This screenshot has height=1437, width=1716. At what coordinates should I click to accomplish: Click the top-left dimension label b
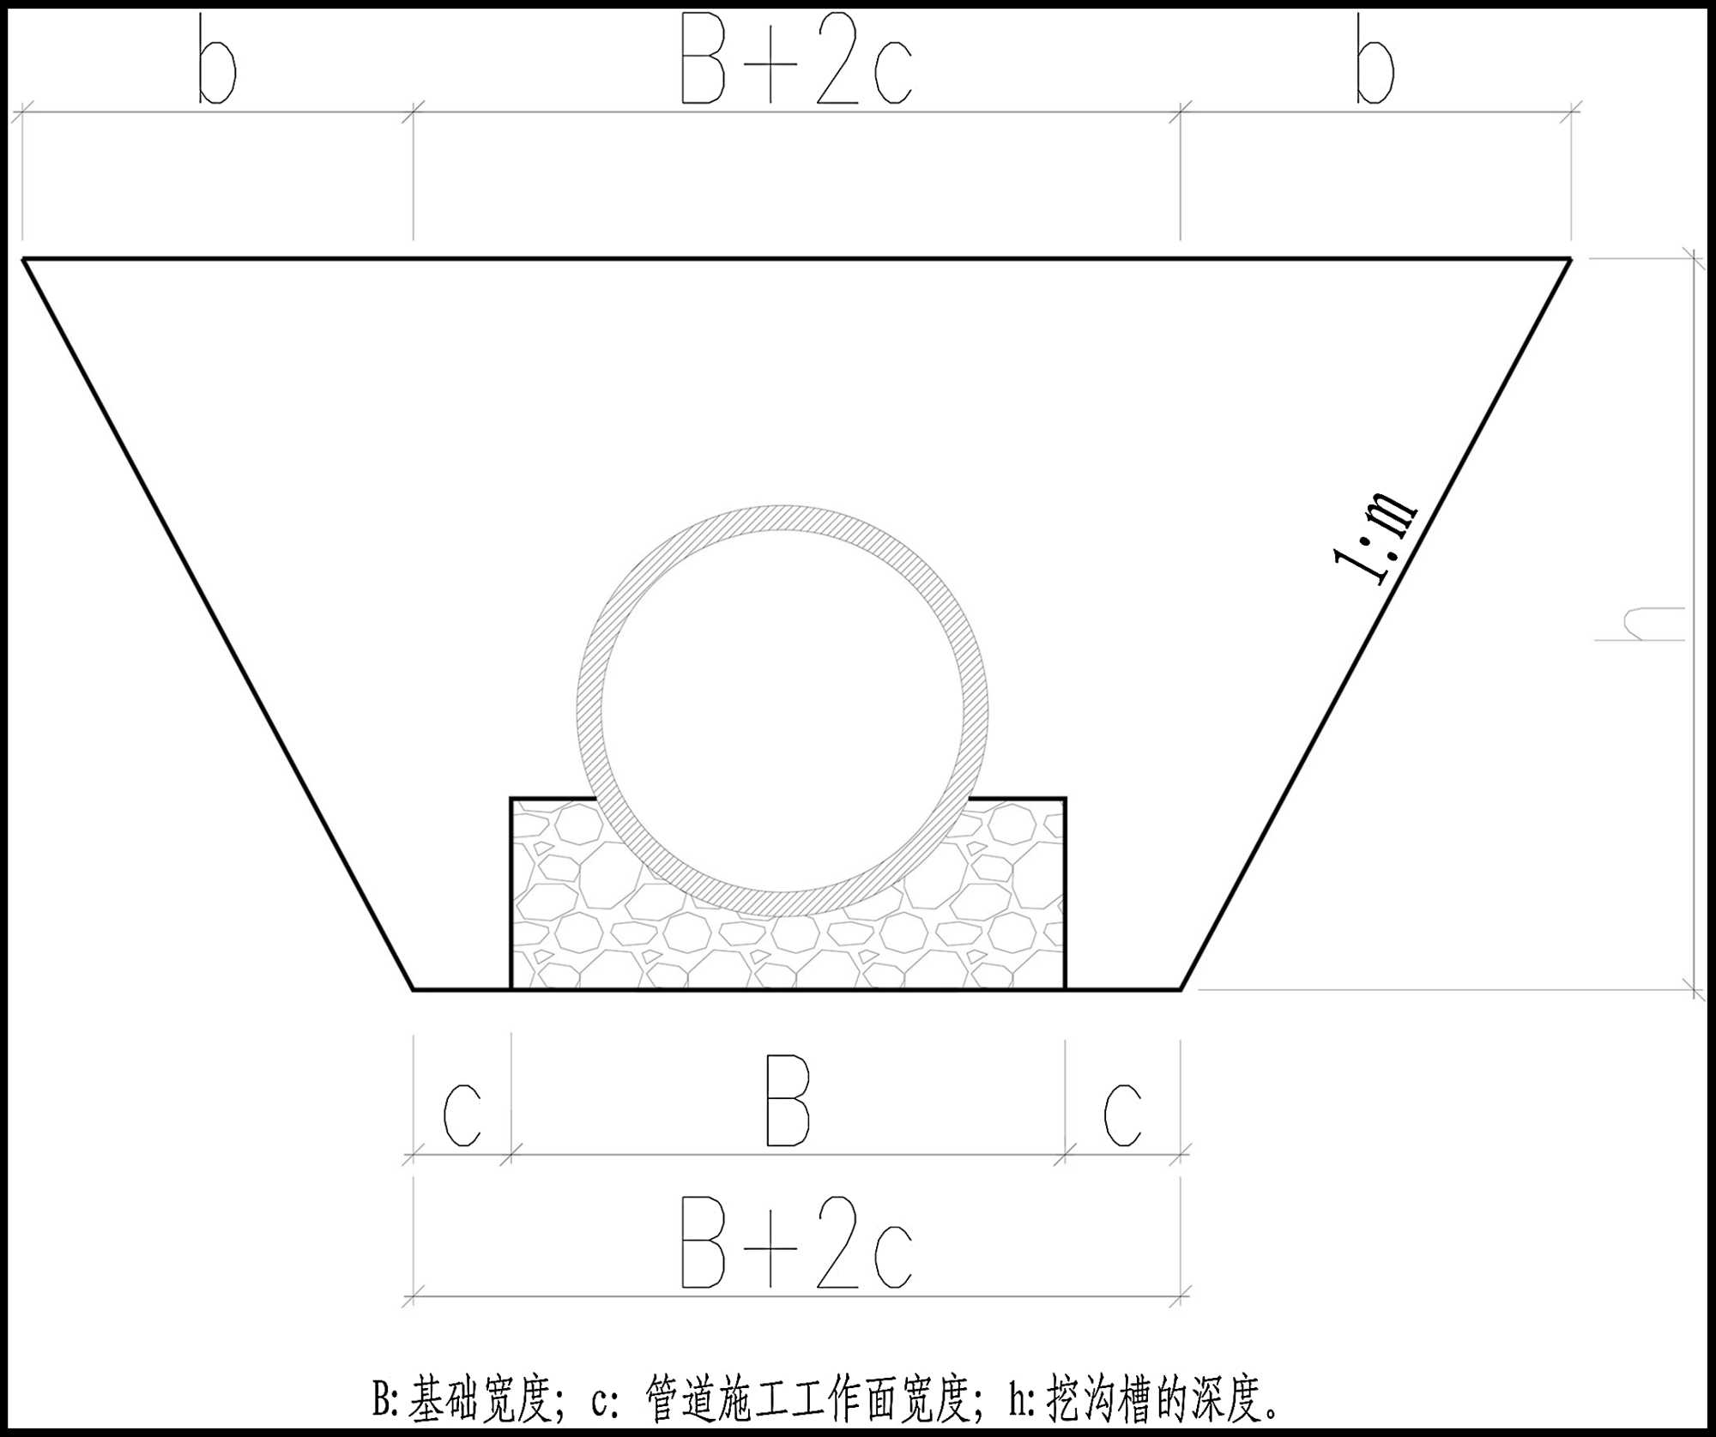(217, 59)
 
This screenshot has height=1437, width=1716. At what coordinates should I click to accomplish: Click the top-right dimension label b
(1375, 59)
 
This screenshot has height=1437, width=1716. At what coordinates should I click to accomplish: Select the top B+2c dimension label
(796, 59)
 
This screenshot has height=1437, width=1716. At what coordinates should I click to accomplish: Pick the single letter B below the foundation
(788, 1102)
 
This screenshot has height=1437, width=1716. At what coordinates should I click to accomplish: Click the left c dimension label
(462, 1115)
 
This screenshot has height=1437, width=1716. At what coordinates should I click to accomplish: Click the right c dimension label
(1122, 1115)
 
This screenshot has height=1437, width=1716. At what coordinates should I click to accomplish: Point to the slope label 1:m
(1375, 538)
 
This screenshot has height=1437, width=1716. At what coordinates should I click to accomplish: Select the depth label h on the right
(1639, 624)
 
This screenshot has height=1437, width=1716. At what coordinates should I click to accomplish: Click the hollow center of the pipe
(782, 710)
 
